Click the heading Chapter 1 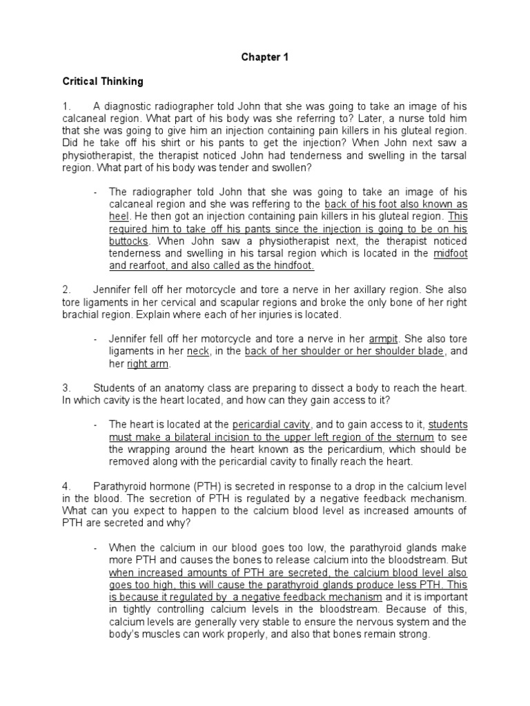pyautogui.click(x=264, y=58)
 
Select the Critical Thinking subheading pyautogui.click(x=103, y=81)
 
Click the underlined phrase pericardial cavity pyautogui.click(x=272, y=425)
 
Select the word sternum pyautogui.click(x=413, y=437)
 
